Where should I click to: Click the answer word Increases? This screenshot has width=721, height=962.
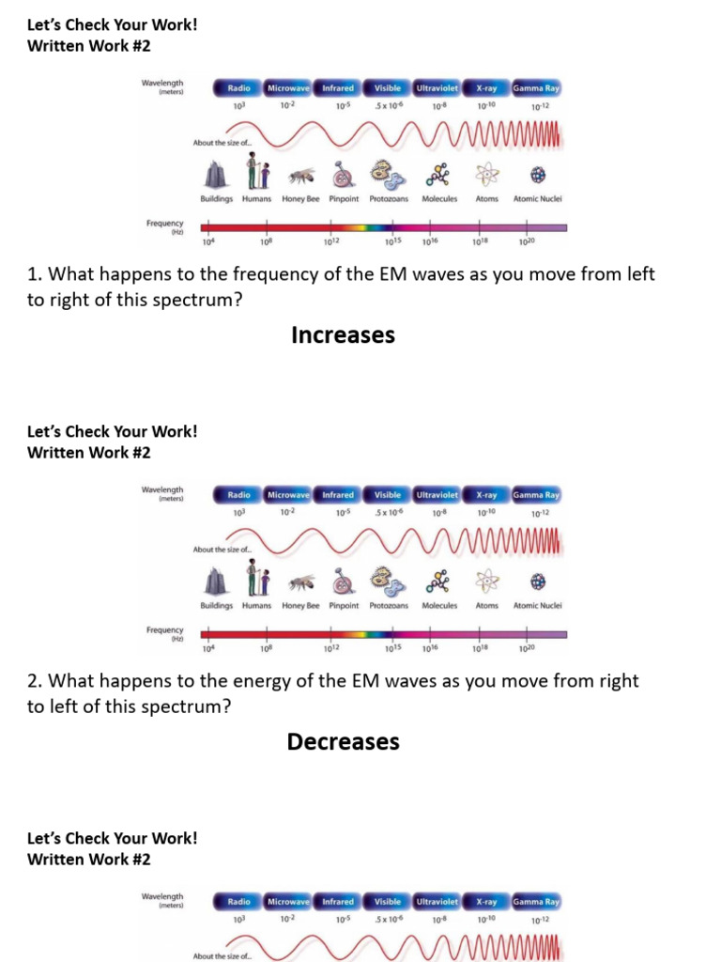pyautogui.click(x=343, y=335)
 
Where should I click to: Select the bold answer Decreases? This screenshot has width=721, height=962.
pyautogui.click(x=343, y=741)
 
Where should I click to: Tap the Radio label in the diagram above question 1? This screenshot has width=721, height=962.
pyautogui.click(x=238, y=88)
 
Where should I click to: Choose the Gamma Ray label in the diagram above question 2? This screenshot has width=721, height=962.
pyautogui.click(x=536, y=494)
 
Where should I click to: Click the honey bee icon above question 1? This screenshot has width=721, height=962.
pyautogui.click(x=300, y=174)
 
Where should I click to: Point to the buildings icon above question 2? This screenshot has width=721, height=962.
pyautogui.click(x=216, y=581)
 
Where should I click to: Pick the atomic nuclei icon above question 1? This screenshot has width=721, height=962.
pyautogui.click(x=538, y=174)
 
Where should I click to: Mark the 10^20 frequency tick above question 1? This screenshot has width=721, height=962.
pyautogui.click(x=526, y=241)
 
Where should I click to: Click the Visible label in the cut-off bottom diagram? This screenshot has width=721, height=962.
pyautogui.click(x=388, y=902)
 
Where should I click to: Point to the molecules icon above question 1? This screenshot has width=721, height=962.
pyautogui.click(x=438, y=174)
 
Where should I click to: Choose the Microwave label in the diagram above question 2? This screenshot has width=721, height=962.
pyautogui.click(x=288, y=494)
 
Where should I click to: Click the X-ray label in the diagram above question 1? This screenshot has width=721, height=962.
pyautogui.click(x=486, y=88)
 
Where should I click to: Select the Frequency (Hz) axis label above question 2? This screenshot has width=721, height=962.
pyautogui.click(x=165, y=633)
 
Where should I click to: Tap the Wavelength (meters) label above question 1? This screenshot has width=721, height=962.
pyautogui.click(x=162, y=86)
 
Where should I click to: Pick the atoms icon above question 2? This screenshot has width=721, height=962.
pyautogui.click(x=486, y=581)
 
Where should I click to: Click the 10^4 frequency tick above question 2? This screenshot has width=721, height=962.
pyautogui.click(x=208, y=648)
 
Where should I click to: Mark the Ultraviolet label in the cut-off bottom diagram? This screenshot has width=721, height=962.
pyautogui.click(x=437, y=902)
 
